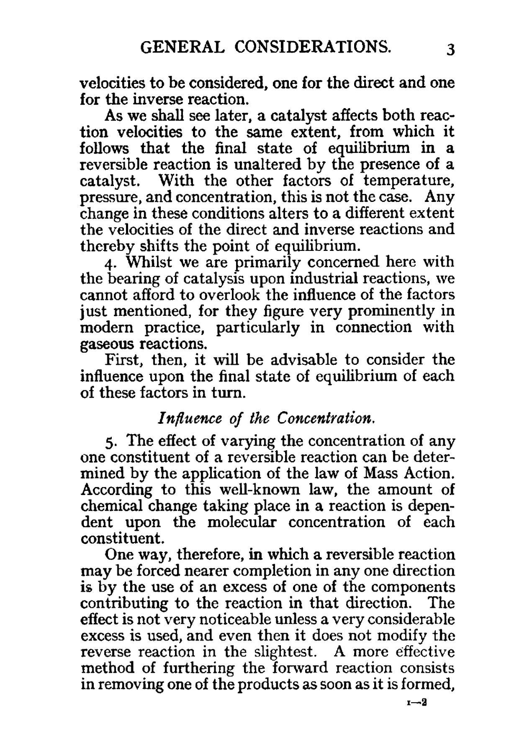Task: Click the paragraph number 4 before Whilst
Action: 110,263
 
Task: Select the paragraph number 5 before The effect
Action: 110,442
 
